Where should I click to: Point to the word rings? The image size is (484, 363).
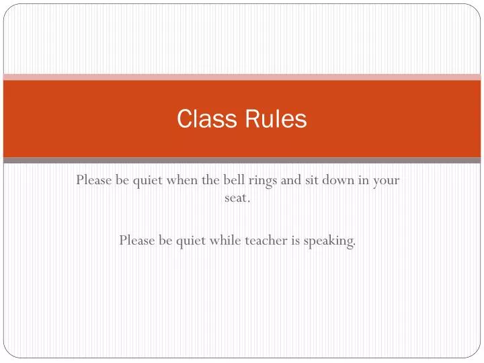click(264, 180)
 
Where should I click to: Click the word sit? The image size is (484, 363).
click(313, 180)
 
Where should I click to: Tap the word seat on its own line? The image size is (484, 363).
click(237, 199)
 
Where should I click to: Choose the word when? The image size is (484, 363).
click(182, 180)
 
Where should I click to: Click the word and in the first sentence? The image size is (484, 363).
click(291, 180)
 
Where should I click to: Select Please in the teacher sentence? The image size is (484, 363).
click(138, 240)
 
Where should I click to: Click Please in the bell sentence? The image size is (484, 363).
click(95, 180)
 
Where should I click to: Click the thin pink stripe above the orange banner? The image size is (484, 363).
click(242, 77)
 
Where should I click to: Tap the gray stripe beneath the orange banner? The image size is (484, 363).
click(242, 161)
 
